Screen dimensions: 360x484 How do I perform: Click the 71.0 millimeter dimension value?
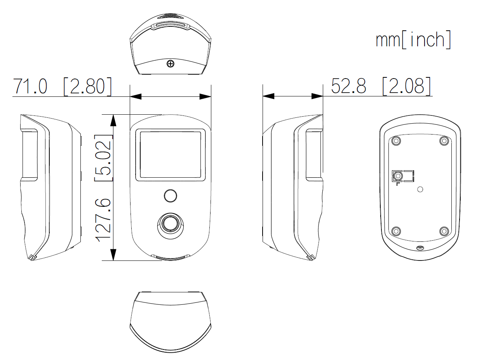[30, 86]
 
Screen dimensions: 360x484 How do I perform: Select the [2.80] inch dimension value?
[88, 86]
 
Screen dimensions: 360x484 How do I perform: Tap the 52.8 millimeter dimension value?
[348, 86]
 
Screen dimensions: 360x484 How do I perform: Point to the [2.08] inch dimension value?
[406, 86]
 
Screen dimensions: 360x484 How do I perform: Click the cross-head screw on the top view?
[170, 63]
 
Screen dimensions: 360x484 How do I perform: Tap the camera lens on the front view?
[170, 224]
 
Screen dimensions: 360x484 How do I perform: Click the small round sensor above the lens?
[170, 196]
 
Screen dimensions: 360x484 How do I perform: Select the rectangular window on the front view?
[170, 155]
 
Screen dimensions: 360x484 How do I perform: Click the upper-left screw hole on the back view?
[396, 141]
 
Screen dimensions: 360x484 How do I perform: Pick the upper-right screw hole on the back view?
[444, 141]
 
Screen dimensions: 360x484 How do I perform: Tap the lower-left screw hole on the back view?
[396, 231]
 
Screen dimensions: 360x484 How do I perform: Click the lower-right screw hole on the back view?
[444, 231]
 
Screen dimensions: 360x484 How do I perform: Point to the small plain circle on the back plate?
[420, 190]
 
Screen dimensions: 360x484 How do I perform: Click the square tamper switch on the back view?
[397, 177]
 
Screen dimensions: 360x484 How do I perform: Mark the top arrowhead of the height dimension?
[113, 120]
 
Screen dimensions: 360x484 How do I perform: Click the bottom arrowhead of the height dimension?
[113, 255]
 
